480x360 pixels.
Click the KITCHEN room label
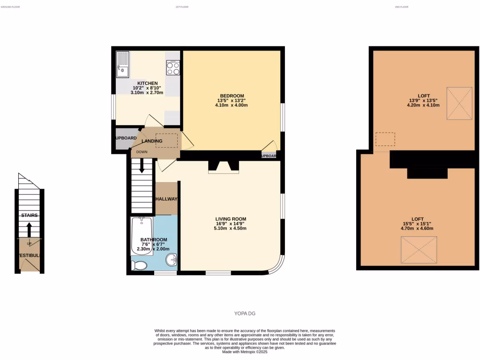click(x=147, y=83)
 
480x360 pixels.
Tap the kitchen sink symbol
click(x=122, y=65)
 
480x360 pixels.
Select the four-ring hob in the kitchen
click(x=172, y=68)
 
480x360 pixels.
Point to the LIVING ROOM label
click(x=231, y=219)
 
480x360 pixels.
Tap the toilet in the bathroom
click(x=140, y=266)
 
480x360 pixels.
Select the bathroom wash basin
click(x=172, y=259)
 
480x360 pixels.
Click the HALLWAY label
click(x=166, y=199)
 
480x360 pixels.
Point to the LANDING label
click(x=152, y=141)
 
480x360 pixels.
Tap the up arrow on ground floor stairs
click(x=29, y=230)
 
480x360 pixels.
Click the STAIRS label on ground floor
click(x=29, y=215)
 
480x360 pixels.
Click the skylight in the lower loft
click(x=419, y=250)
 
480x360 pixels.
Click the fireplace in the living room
click(x=224, y=167)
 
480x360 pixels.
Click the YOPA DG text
click(x=245, y=314)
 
